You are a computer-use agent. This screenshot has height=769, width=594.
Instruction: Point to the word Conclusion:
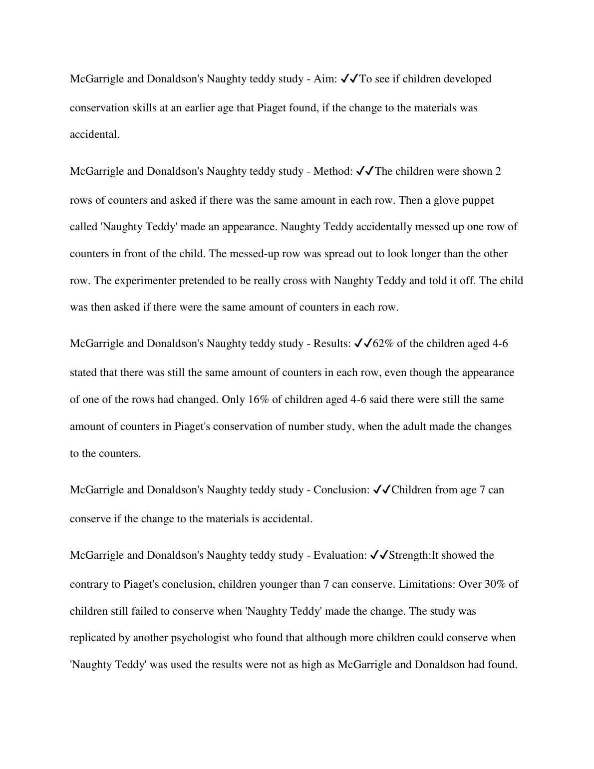[x=341, y=490]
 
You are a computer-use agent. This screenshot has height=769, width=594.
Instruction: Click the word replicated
[x=93, y=638]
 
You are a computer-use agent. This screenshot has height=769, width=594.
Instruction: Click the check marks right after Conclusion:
[x=382, y=490]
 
